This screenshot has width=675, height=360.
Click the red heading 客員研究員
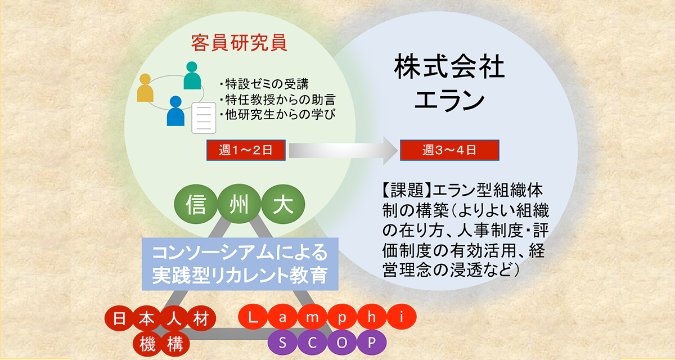coord(239,43)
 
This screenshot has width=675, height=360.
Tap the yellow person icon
coord(145,88)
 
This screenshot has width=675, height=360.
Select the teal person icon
coord(192,75)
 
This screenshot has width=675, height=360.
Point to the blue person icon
coord(175,111)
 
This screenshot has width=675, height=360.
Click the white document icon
coord(204,118)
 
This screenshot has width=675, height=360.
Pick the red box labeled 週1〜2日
coord(246,150)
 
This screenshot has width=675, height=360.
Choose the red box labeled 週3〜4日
coord(449,150)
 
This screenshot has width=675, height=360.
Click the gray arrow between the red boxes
coord(343,150)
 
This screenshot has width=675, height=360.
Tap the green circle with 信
coord(196,204)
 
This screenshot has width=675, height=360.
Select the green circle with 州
coord(239,204)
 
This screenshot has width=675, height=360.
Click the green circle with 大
coord(283,204)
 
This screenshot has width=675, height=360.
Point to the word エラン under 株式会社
coord(449,100)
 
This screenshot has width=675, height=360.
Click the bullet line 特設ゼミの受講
coord(264,84)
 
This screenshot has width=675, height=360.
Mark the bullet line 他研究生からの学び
coord(277,115)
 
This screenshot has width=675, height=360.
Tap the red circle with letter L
coord(253,317)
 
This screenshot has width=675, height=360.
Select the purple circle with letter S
coord(282,343)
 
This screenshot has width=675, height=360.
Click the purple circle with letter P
coord(372,343)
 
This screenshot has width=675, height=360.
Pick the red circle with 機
coord(147,344)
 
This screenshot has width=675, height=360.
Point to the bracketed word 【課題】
coord(407,191)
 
